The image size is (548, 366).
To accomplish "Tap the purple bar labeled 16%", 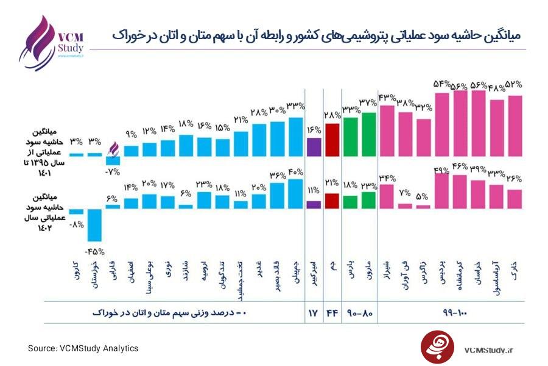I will point(314,148).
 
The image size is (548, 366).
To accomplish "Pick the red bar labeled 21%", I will point(332,201).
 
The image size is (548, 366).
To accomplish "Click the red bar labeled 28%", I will point(332,140).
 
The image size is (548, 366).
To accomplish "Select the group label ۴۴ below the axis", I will point(332,313).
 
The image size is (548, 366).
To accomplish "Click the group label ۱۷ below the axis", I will point(313,313).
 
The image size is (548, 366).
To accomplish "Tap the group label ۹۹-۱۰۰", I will point(451,313).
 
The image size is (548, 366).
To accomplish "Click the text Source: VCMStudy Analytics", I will point(83,348).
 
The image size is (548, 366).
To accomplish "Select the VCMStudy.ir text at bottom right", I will point(488,350).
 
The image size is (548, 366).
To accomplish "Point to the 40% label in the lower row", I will point(295,171).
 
